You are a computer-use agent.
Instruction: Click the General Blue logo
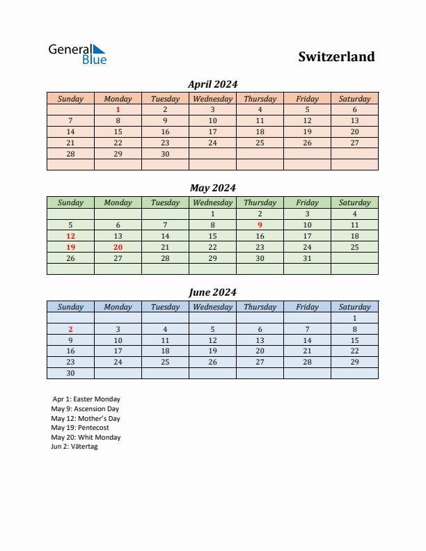point(77,54)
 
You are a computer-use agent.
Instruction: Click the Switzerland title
point(336,56)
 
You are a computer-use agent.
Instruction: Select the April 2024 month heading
point(212,84)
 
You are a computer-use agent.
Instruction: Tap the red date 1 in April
point(118,109)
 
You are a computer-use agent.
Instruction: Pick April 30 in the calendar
point(165,154)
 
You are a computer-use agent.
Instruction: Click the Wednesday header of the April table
point(212,99)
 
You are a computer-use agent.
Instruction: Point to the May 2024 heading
point(212,188)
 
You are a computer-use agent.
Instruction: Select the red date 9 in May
point(260,225)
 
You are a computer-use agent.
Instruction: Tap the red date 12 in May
point(70,236)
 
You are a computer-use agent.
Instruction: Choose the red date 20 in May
point(118,247)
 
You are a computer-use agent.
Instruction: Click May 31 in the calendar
point(307,258)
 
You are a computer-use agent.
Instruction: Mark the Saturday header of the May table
point(354,203)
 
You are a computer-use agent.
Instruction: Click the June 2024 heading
point(212,292)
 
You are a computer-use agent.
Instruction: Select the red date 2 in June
point(70,329)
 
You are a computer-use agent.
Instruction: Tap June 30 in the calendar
point(70,374)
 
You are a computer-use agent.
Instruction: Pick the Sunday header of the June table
point(70,307)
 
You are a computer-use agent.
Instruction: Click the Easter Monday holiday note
point(86,399)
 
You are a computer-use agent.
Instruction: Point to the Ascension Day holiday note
point(85,409)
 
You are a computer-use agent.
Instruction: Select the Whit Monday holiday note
point(86,438)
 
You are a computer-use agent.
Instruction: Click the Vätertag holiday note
point(74,447)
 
